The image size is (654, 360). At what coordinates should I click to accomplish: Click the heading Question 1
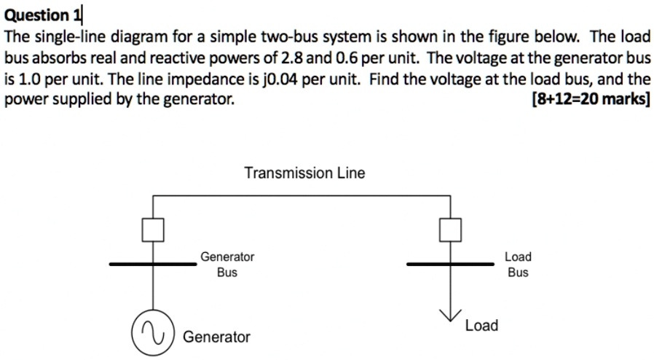click(44, 14)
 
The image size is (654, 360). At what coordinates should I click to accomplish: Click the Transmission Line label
click(304, 173)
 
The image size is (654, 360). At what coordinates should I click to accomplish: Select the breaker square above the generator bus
click(153, 230)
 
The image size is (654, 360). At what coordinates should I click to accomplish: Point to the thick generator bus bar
click(153, 265)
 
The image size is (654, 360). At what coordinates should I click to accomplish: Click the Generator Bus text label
click(227, 265)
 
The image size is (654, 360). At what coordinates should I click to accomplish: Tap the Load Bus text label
click(518, 265)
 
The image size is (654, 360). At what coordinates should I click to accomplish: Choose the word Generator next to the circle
click(216, 337)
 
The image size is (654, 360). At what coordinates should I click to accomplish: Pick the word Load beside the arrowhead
click(481, 325)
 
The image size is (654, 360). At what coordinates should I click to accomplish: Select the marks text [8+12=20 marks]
click(591, 99)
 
